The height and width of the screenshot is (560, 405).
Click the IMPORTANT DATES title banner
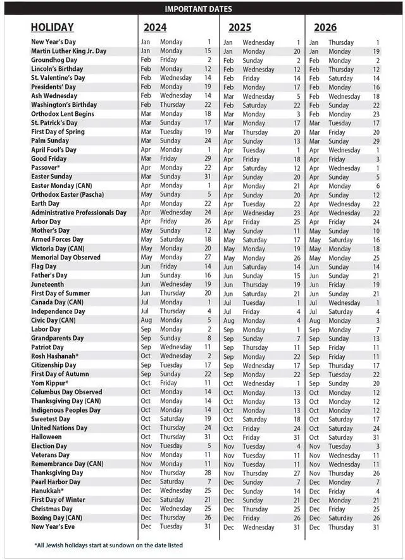pos(198,9)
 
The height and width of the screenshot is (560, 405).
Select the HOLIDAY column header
pos(52,27)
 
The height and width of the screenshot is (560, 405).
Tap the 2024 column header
pos(155,27)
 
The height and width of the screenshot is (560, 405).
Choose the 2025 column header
pos(240,27)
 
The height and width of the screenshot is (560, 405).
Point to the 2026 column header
pos(325,27)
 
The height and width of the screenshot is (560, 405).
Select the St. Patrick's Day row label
pos(54,123)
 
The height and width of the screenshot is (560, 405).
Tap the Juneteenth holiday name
pos(48,285)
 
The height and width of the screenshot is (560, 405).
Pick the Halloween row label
pos(46,437)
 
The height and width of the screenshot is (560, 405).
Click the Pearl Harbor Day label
pos(56,482)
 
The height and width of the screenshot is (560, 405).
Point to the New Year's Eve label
pos(53,527)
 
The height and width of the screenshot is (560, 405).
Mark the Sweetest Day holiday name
pos(51,419)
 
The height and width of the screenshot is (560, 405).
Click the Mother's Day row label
pos(50,231)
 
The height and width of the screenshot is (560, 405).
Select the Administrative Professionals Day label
pos(78,213)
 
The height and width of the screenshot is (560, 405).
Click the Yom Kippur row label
pos(49,383)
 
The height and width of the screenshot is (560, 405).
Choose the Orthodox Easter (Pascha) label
pos(68,195)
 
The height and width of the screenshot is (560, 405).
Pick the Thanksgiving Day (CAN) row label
pos(66,401)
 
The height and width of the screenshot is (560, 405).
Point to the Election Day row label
pos(50,446)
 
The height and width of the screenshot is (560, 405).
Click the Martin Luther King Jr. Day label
pos(68,51)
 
